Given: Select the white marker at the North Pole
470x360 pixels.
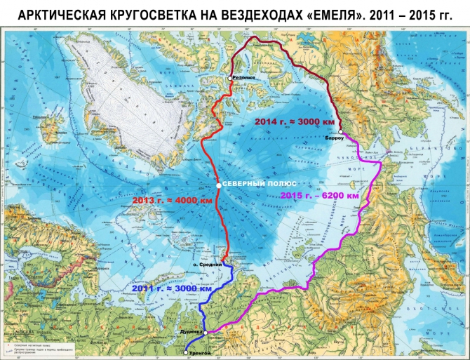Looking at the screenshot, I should click(x=219, y=185).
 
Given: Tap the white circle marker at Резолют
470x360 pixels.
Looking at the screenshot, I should click(x=230, y=78).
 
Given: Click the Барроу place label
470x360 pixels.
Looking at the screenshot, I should click(x=337, y=140).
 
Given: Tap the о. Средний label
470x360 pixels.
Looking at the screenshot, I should click(x=210, y=265).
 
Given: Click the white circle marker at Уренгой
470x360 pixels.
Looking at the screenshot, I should click(x=185, y=353).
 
